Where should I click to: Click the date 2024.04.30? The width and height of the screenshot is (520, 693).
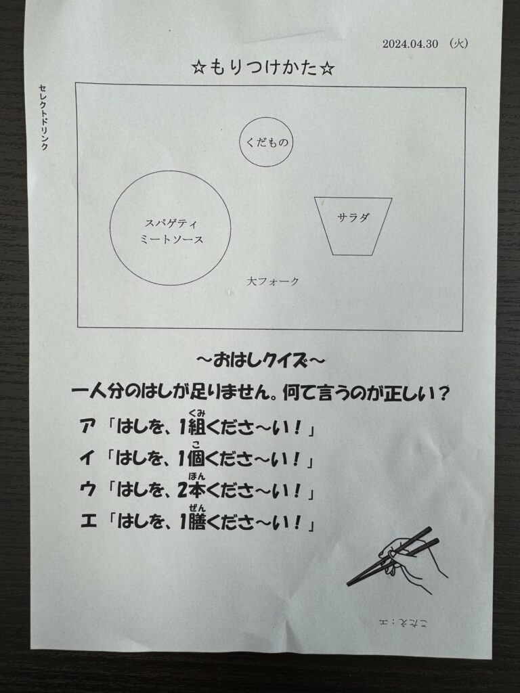click(410, 44)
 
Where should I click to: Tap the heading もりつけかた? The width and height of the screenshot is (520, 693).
click(263, 68)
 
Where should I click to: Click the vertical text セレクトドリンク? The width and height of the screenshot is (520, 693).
click(43, 117)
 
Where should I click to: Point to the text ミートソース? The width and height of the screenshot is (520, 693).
click(171, 240)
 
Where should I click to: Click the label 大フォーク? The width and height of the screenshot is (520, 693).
click(273, 281)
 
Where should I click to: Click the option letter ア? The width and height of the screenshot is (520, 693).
click(88, 428)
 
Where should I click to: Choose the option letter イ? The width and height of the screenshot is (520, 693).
click(87, 459)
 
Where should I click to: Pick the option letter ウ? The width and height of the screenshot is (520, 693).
click(88, 490)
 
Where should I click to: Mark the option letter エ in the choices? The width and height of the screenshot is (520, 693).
click(89, 522)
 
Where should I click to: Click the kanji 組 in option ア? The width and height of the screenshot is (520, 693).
click(197, 428)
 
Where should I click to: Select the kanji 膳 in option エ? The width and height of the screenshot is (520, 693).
click(197, 522)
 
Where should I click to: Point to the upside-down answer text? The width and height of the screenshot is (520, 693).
click(404, 623)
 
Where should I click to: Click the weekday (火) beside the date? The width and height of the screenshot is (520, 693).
click(458, 43)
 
